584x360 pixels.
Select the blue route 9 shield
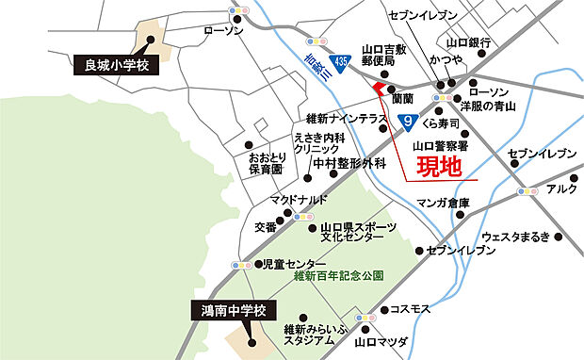(x=407, y=122)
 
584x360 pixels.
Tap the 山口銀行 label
(x=468, y=42)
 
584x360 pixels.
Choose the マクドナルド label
(x=299, y=200)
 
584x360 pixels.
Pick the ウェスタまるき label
(x=514, y=237)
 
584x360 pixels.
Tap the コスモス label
(x=409, y=309)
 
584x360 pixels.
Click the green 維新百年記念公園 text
(x=338, y=276)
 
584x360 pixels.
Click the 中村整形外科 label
(x=349, y=163)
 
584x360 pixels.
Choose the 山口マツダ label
(x=380, y=343)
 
